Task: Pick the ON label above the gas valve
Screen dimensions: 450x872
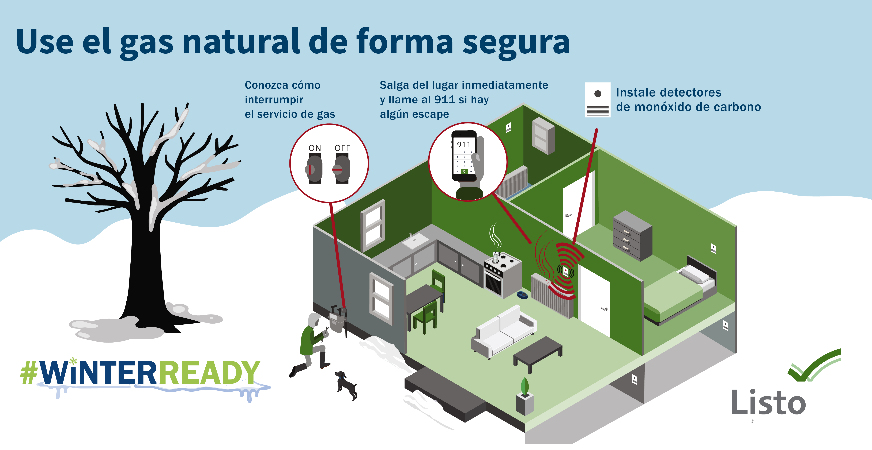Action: pos(315,148)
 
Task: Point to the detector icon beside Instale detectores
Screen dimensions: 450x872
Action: pos(598,100)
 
